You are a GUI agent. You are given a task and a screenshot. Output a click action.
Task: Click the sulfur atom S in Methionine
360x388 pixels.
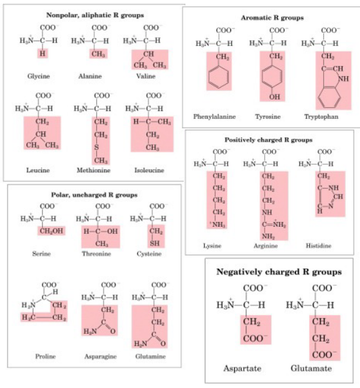pos(97,147)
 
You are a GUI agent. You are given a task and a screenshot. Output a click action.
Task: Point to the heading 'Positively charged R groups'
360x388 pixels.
pos(268,139)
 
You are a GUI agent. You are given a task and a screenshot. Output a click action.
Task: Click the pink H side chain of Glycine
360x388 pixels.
pos(43,53)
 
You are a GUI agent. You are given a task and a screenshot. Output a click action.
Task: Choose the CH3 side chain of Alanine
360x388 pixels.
pos(98,53)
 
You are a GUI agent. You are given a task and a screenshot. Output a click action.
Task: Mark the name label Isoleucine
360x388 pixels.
pos(148,170)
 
